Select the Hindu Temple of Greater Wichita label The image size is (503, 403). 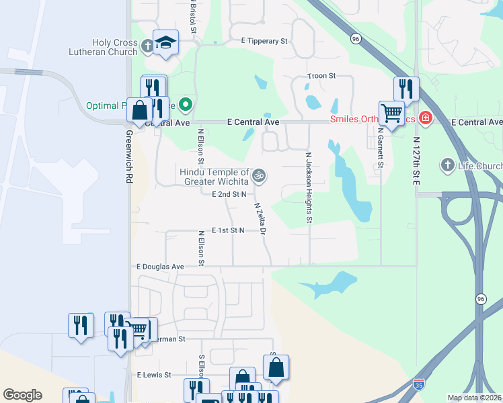coord(214,177)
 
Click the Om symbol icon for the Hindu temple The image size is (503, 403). coord(259,177)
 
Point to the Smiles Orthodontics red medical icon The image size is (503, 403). coord(425,119)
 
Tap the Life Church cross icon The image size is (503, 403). coord(447,165)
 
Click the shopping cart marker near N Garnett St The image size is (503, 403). coord(391,113)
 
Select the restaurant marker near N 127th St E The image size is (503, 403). coord(406,89)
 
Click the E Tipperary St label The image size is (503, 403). coord(264,41)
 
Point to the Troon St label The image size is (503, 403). coord(321,76)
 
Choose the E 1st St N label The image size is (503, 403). coord(227,230)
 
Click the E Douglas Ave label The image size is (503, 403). coord(160,267)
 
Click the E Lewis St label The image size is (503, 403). coord(154,375)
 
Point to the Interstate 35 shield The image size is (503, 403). coord(419,385)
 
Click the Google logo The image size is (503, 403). coord(22,395)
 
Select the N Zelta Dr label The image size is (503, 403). coord(260,219)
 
